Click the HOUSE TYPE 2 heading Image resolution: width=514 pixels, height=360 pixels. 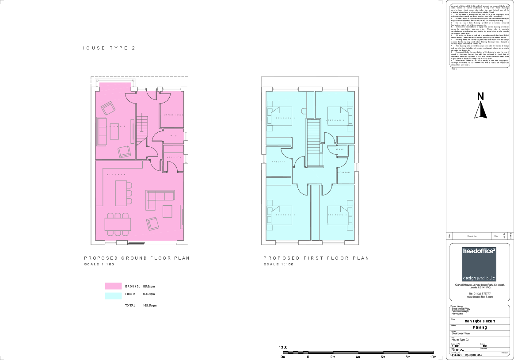(108, 48)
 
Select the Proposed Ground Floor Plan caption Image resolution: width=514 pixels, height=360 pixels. (137, 258)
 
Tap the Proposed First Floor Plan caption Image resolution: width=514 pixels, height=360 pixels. (316, 258)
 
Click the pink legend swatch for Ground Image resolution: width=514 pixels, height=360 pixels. (113, 286)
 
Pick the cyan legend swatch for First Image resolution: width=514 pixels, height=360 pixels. (113, 295)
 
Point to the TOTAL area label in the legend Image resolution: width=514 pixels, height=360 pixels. (131, 305)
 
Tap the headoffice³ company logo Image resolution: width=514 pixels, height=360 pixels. (479, 264)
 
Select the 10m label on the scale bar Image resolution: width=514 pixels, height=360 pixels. (433, 356)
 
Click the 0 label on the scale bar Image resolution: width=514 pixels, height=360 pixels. (308, 356)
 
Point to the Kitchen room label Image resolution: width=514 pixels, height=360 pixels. (110, 175)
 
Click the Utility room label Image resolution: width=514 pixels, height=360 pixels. (173, 157)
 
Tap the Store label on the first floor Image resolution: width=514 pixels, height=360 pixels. (340, 149)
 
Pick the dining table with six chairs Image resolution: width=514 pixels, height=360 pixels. (118, 224)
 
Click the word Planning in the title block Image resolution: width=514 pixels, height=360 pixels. (480, 328)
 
